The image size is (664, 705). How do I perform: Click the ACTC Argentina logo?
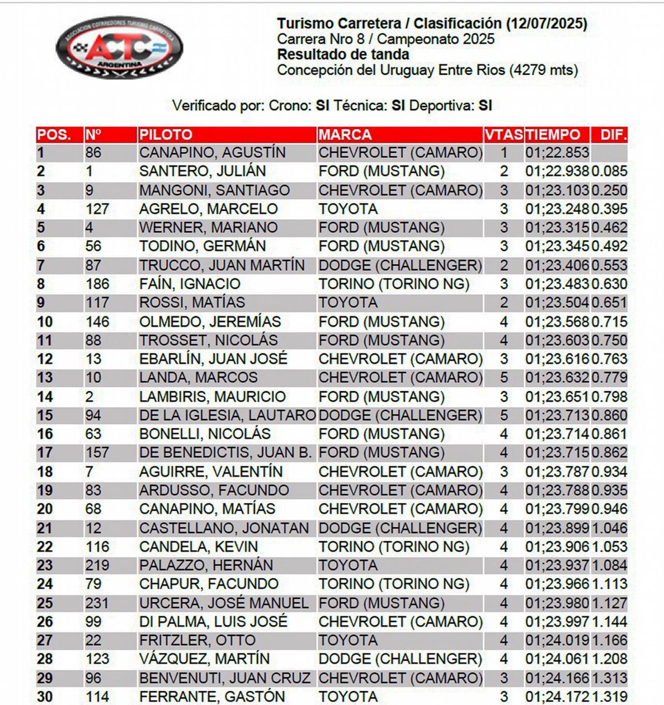pyautogui.click(x=119, y=48)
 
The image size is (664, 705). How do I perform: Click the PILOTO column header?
pyautogui.click(x=165, y=134)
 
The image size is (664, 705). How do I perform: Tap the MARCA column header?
pyautogui.click(x=345, y=134)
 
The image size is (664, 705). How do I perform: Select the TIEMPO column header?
pyautogui.click(x=553, y=134)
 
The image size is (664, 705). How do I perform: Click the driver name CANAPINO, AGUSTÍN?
pyautogui.click(x=212, y=153)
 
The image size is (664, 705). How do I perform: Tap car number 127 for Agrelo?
pyautogui.click(x=97, y=209)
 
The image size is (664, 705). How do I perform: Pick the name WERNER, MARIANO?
pyautogui.click(x=208, y=227)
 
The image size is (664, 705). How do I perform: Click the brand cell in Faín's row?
pyautogui.click(x=393, y=284)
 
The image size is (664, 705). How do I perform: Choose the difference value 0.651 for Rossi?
pyautogui.click(x=609, y=303)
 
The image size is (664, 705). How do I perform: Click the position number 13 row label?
pyautogui.click(x=45, y=377)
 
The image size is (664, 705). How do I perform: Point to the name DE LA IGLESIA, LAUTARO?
pyautogui.click(x=227, y=415)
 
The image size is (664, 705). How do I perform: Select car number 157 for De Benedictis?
pyautogui.click(x=97, y=453)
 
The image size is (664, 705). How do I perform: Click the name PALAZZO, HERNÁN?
pyautogui.click(x=206, y=565)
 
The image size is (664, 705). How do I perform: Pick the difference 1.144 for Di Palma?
pyautogui.click(x=609, y=621)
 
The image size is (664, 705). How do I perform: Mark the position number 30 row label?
pyautogui.click(x=45, y=697)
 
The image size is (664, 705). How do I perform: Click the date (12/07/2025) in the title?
pyautogui.click(x=546, y=24)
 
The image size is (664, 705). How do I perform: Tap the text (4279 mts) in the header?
pyautogui.click(x=544, y=70)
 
